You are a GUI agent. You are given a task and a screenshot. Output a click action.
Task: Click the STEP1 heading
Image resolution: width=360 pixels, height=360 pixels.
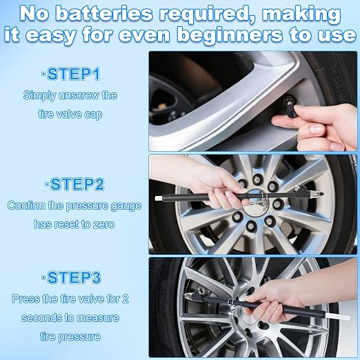(71, 74)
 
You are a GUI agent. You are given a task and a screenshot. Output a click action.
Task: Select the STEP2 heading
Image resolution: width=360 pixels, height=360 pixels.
(74, 184)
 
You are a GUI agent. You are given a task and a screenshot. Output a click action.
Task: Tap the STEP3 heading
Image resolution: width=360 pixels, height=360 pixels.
(71, 277)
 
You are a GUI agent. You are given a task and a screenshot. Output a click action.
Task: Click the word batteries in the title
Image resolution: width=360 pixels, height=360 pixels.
(104, 14)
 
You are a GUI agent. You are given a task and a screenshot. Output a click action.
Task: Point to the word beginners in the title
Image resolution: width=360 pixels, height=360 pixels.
(230, 35)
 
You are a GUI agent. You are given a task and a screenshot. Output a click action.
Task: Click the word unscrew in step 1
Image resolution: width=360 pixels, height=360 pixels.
(79, 96)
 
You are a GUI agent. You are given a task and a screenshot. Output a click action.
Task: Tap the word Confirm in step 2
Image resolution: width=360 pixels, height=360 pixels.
(26, 206)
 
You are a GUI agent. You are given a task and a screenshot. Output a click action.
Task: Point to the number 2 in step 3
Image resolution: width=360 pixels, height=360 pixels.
(125, 299)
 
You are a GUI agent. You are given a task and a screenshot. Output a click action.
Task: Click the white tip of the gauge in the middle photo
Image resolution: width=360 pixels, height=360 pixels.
(159, 197)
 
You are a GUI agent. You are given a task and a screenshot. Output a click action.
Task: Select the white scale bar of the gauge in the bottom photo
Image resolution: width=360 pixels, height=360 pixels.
(337, 317)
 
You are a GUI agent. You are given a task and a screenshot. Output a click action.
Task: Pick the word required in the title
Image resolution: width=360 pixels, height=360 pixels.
(207, 14)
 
